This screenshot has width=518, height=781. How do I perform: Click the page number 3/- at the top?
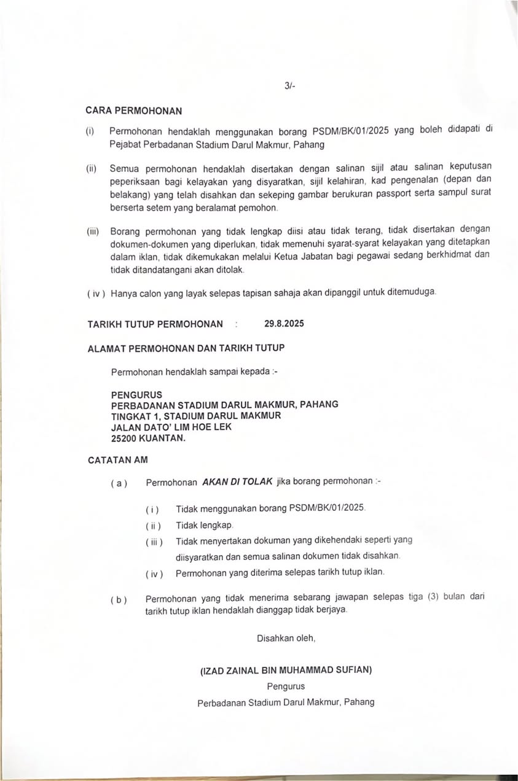(x=290, y=87)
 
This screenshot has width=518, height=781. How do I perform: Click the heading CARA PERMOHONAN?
(x=135, y=111)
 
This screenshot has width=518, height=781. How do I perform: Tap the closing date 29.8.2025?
(x=284, y=323)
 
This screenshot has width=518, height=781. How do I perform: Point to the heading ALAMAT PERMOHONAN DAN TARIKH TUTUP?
(x=186, y=348)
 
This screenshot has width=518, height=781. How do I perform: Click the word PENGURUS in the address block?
(x=136, y=394)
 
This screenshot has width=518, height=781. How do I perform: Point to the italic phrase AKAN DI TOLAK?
(x=237, y=481)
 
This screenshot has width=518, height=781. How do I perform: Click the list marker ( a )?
(x=119, y=483)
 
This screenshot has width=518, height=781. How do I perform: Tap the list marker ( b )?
(x=119, y=600)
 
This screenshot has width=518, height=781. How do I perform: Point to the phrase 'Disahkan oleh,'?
(x=286, y=638)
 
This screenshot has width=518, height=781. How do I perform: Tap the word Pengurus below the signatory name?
(x=286, y=686)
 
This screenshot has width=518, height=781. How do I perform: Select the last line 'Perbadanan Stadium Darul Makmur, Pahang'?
(x=286, y=702)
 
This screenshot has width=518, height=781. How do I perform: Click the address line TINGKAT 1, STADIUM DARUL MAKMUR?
(x=196, y=416)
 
